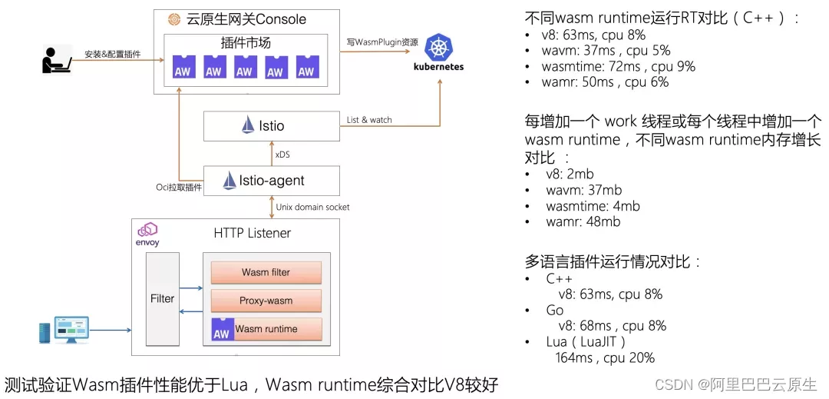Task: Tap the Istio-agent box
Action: point(271,181)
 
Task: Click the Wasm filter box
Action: point(266,272)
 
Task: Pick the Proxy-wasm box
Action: point(266,301)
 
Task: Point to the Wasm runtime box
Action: point(266,329)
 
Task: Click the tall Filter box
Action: point(162,298)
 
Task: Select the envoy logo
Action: point(147,234)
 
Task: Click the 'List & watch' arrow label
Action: point(369,120)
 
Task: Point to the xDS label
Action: point(282,155)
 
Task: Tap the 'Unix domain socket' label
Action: point(312,207)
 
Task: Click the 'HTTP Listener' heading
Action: point(252,233)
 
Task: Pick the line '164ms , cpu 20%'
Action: point(605,357)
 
